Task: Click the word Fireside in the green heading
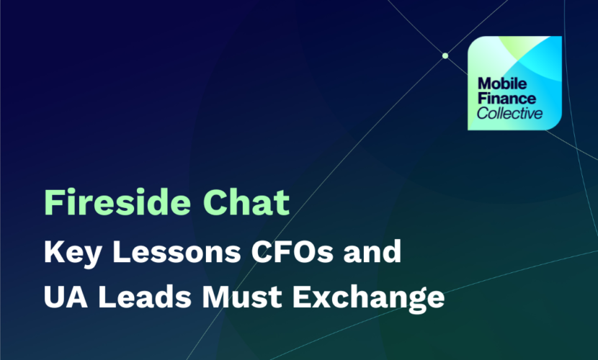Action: click(x=117, y=202)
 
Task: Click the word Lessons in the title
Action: click(x=177, y=251)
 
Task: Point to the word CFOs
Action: click(x=292, y=251)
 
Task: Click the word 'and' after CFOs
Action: click(x=372, y=251)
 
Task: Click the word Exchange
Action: click(x=369, y=298)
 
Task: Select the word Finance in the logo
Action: click(x=506, y=99)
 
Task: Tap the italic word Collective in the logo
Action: click(x=509, y=113)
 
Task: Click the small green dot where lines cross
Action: click(x=445, y=55)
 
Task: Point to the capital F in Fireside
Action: click(x=53, y=202)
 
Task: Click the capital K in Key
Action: click(x=55, y=251)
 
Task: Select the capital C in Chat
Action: click(x=215, y=202)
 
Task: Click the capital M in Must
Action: click(x=216, y=297)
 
